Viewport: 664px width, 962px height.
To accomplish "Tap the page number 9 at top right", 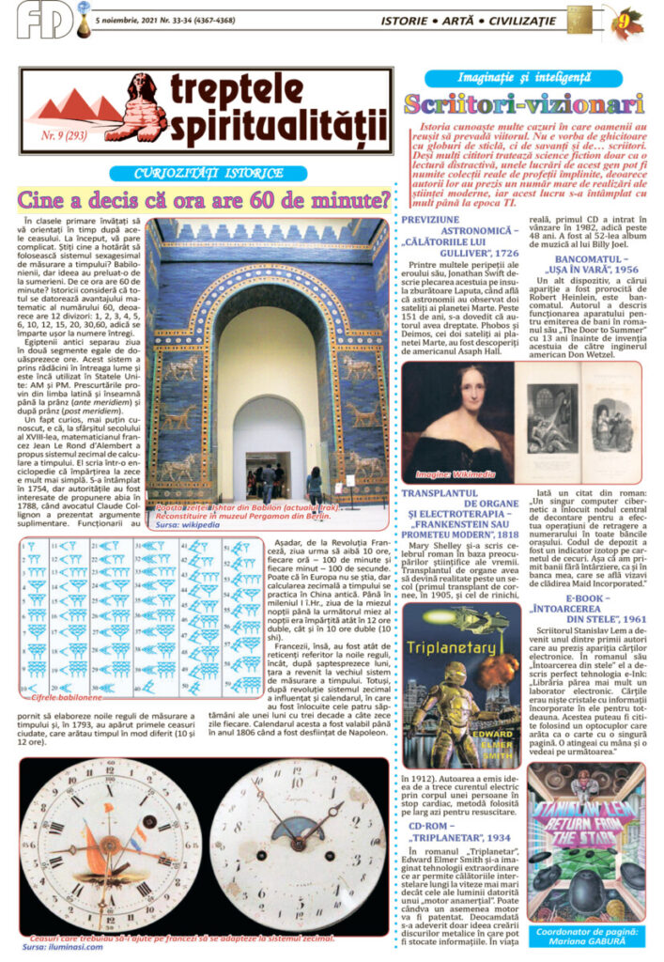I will (623, 18).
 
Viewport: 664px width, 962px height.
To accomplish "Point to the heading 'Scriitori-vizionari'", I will (524, 103).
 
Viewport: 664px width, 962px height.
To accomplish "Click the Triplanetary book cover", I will (461, 673).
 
